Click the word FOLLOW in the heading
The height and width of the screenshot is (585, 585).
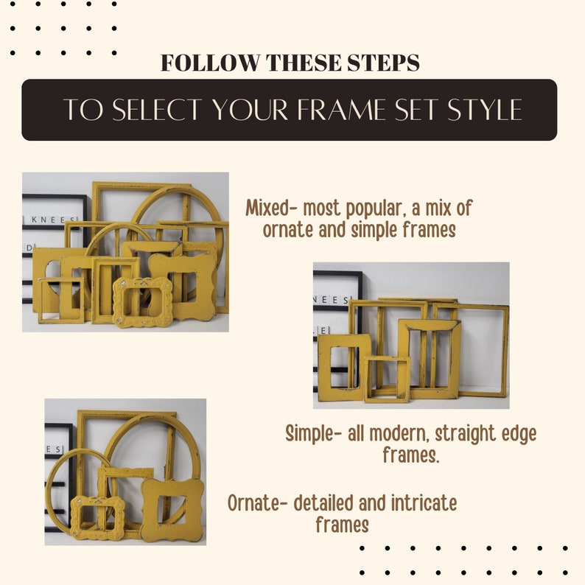210,63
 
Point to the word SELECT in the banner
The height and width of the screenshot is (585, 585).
157,110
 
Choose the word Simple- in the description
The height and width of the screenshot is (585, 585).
314,433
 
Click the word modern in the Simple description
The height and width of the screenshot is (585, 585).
399,433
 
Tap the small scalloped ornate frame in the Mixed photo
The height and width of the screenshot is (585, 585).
142,302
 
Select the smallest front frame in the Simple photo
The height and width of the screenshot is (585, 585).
387,379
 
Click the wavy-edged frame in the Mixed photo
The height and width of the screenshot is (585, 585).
183,286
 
